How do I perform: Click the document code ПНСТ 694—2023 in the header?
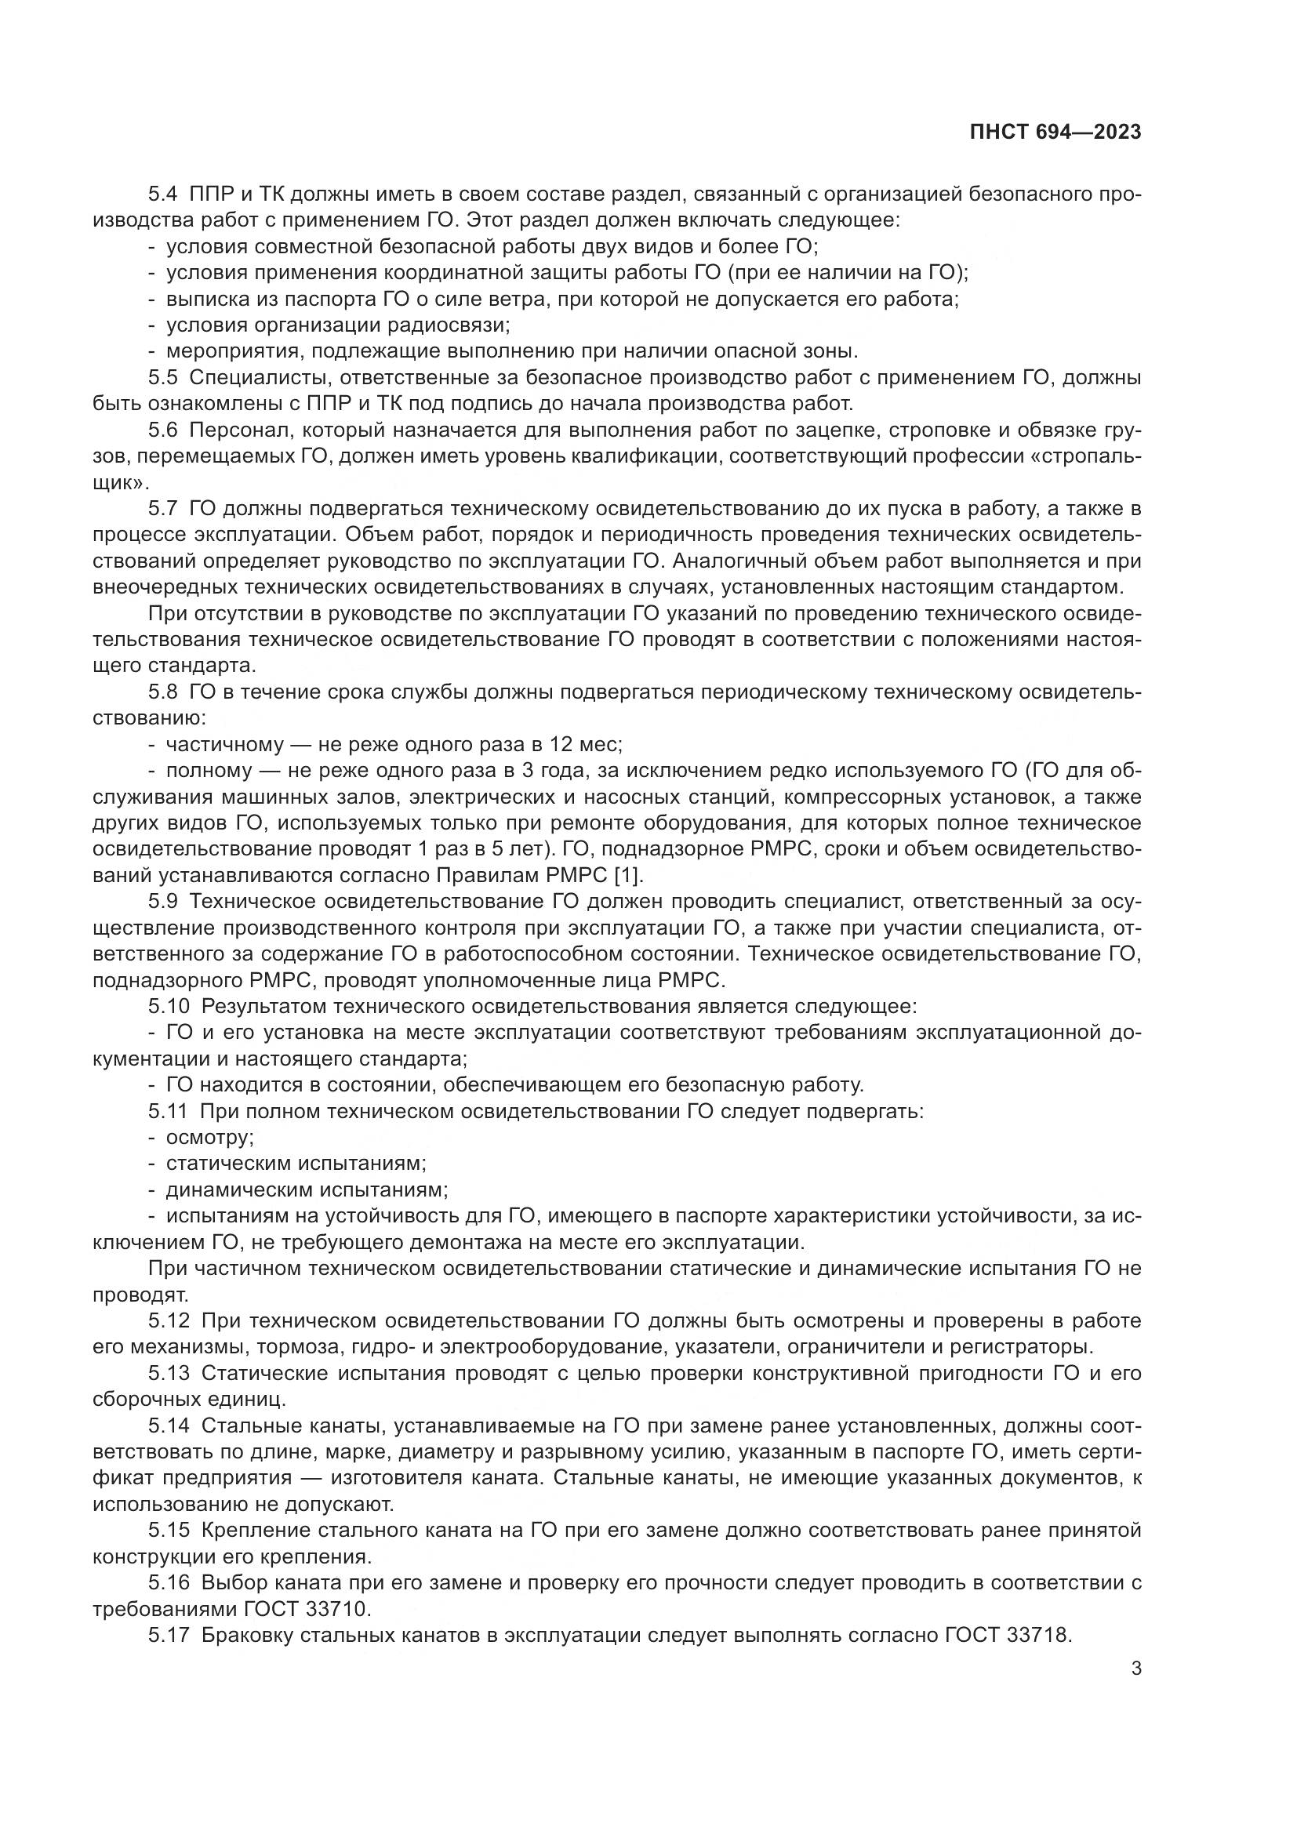pyautogui.click(x=1055, y=133)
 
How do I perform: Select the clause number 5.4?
pyautogui.click(x=165, y=194)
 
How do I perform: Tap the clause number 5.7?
pyautogui.click(x=165, y=509)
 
